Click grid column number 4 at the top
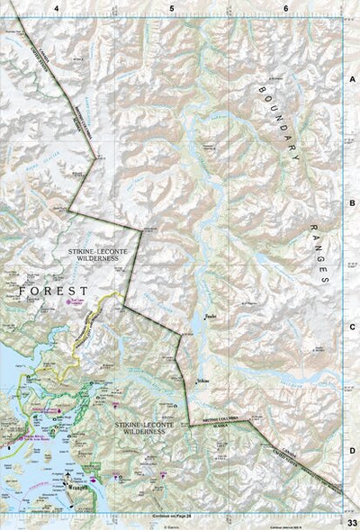57,7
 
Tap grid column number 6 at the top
286,7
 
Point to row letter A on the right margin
353,78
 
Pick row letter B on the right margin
353,203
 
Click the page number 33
352,522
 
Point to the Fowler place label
211,316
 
